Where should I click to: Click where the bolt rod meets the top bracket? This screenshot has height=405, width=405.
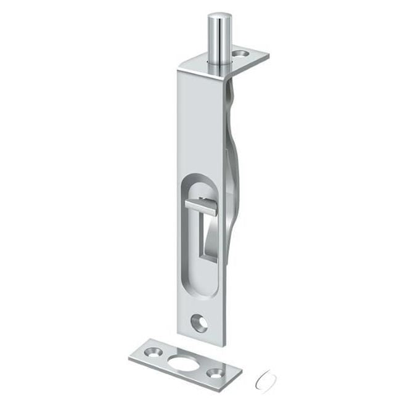click(215, 62)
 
